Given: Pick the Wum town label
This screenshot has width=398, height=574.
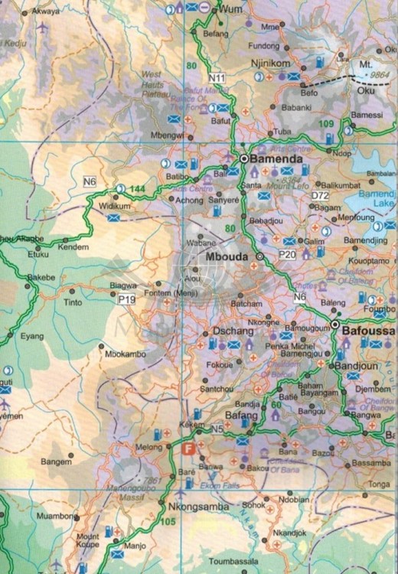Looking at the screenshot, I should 230,8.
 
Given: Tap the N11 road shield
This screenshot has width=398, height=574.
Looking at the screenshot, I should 217,78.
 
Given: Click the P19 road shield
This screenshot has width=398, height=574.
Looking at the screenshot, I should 126,299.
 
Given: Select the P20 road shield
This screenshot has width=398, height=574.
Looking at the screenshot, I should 288,253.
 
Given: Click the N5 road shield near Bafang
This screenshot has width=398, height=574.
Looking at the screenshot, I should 217,427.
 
